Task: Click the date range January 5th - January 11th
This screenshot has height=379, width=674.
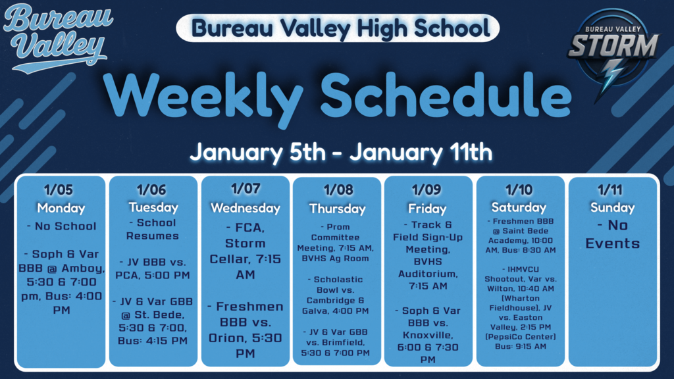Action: (341, 153)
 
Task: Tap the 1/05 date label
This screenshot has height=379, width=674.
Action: (61, 191)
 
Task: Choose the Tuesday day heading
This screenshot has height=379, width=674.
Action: (153, 207)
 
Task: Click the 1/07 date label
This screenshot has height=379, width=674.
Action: (245, 189)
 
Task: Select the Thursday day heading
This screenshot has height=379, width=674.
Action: (337, 209)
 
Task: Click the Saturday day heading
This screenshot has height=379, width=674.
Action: (520, 207)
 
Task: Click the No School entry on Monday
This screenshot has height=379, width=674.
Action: (61, 226)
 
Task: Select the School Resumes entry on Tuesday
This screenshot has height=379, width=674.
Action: (153, 230)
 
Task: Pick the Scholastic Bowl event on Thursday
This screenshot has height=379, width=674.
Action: (337, 295)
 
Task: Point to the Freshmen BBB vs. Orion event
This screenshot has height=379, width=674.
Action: (245, 330)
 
